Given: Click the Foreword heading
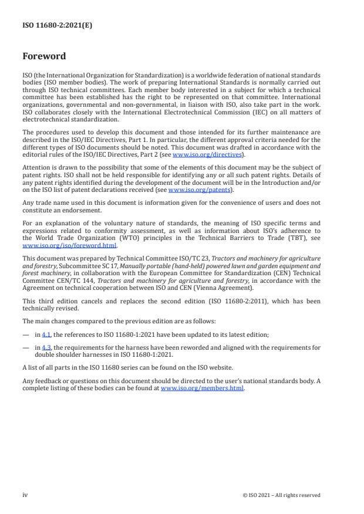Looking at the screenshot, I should point(44,56).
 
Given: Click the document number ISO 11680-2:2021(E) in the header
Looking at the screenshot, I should point(50,26).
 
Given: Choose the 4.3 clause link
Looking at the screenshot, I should point(45,347).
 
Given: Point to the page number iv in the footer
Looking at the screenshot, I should point(25,495).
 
